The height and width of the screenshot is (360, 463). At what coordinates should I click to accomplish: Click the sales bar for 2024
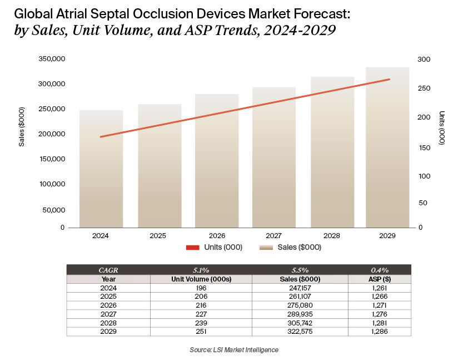coord(101,172)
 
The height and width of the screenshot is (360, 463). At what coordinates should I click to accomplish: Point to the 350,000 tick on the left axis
coord(52,59)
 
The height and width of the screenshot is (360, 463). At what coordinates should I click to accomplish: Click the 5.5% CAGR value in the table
coord(300,270)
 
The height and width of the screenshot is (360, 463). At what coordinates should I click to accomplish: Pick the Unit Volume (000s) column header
coord(201,279)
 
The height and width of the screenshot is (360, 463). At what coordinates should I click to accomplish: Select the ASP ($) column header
coord(380,279)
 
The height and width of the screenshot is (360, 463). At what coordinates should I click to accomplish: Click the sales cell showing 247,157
coord(300,288)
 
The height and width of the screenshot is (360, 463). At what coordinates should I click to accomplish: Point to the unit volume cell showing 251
coord(201,332)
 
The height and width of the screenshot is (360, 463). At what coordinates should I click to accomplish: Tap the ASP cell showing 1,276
coord(380,314)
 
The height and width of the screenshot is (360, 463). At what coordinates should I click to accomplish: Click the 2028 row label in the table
coord(108,323)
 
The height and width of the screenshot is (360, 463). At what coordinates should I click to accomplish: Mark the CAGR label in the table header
coord(108,270)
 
